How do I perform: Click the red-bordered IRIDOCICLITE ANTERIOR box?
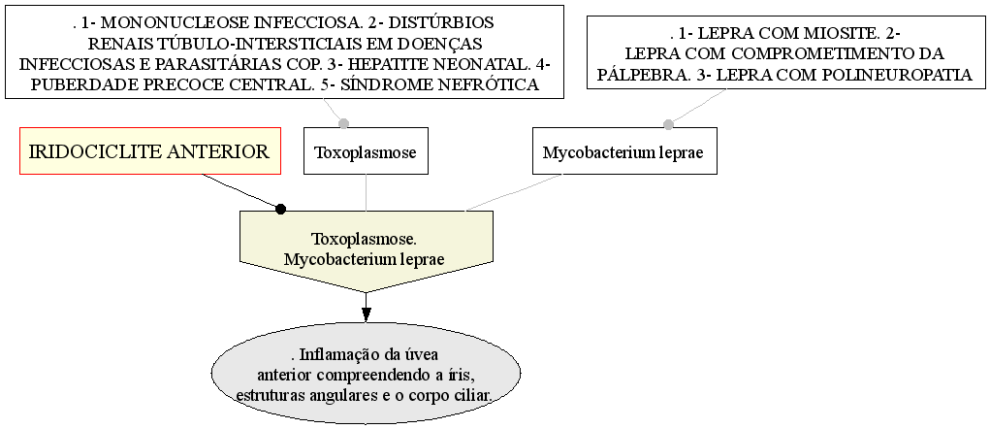150,151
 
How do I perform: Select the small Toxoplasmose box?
367,151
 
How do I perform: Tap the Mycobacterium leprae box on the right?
624,151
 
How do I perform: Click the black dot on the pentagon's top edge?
281,209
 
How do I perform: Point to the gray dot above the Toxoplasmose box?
343,123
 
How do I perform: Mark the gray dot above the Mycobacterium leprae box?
669,124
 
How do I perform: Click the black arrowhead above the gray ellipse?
367,314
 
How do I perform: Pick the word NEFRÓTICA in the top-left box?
488,84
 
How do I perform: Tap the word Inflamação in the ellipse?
335,354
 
